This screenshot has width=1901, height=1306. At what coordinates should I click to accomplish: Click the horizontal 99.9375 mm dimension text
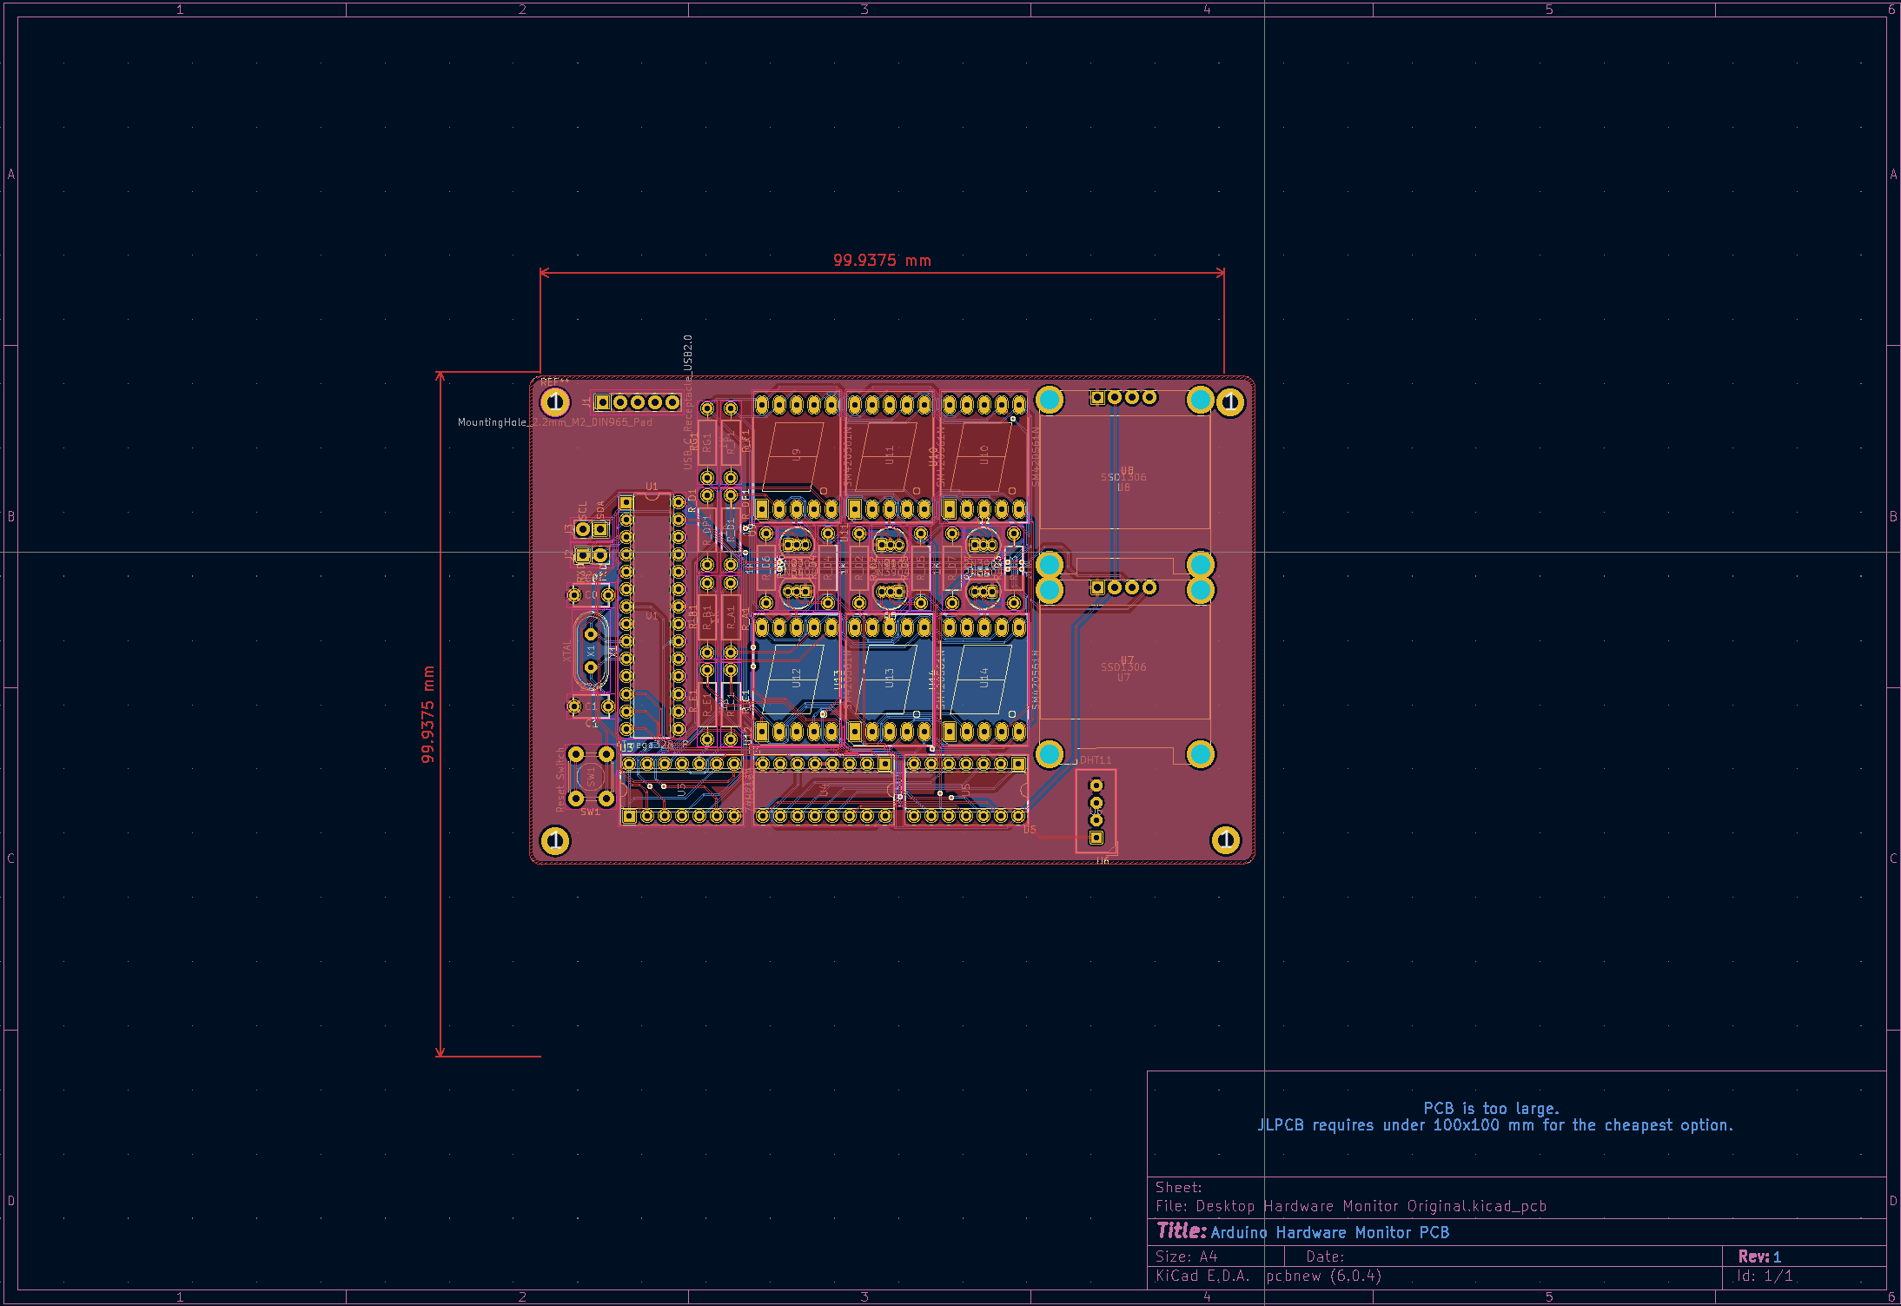point(881,260)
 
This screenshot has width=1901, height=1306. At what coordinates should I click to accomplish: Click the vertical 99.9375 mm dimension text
point(427,714)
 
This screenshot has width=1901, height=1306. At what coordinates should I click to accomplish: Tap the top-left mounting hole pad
point(554,402)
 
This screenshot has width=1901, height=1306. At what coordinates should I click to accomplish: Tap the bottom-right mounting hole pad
point(1225,839)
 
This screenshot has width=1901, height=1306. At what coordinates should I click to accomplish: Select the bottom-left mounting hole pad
point(554,840)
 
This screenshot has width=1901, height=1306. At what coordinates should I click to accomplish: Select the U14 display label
point(984,677)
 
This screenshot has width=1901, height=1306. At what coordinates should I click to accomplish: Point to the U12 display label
point(796,677)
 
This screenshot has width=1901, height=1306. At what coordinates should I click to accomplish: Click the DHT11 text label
point(1095,759)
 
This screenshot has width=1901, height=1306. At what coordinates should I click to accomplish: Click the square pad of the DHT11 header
point(1096,838)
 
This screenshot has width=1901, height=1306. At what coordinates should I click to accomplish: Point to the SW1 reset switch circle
point(591,774)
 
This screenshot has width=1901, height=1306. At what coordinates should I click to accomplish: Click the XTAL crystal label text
point(567,650)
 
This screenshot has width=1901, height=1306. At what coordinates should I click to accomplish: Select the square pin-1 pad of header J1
point(602,402)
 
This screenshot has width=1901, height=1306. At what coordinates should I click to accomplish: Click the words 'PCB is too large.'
point(1491,1108)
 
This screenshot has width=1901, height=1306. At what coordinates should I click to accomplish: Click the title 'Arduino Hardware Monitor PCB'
point(1329,1232)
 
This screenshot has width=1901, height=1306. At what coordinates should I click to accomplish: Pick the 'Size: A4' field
point(1186,1256)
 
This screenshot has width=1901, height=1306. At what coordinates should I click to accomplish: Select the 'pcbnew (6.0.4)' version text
point(1323,1276)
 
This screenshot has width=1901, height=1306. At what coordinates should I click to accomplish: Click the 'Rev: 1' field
point(1759,1256)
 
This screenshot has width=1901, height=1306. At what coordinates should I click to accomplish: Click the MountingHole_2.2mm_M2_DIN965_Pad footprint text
point(554,422)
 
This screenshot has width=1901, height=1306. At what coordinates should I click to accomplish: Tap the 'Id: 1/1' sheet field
point(1764,1276)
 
